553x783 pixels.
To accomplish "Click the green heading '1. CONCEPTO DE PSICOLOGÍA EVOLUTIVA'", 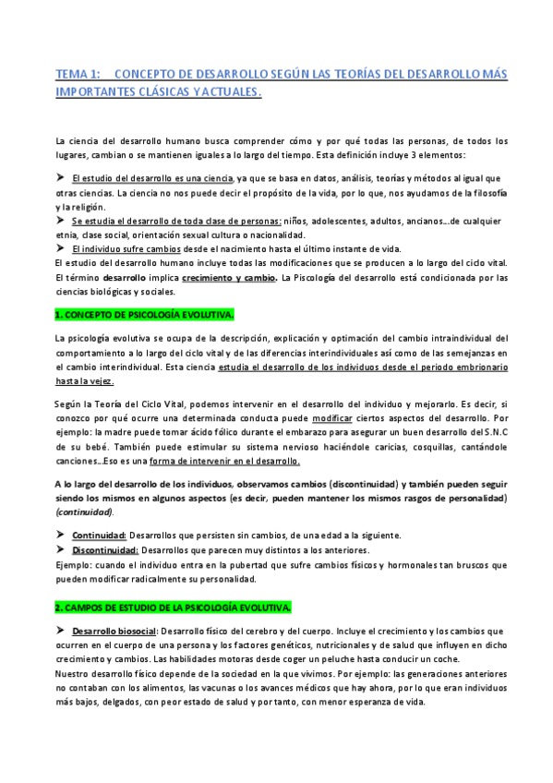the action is click(146, 315).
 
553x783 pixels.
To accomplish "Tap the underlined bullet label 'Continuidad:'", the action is click(100, 536).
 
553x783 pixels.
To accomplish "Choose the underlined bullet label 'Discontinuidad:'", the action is click(105, 549).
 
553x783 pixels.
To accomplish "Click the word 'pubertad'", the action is click(233, 564).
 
